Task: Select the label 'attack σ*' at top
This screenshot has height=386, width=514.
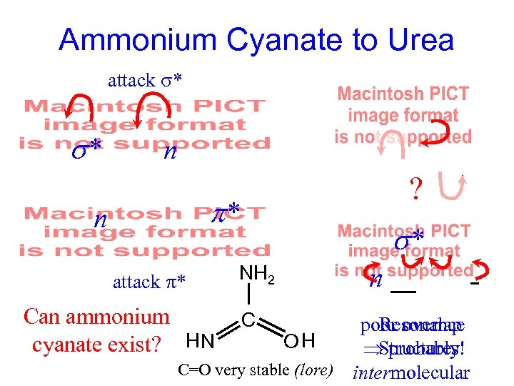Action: pos(146,80)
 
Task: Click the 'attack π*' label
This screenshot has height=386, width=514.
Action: pos(149,282)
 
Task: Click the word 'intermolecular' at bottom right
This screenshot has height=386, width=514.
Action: pos(411,373)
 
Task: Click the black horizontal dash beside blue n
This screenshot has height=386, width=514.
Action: pos(404,292)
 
